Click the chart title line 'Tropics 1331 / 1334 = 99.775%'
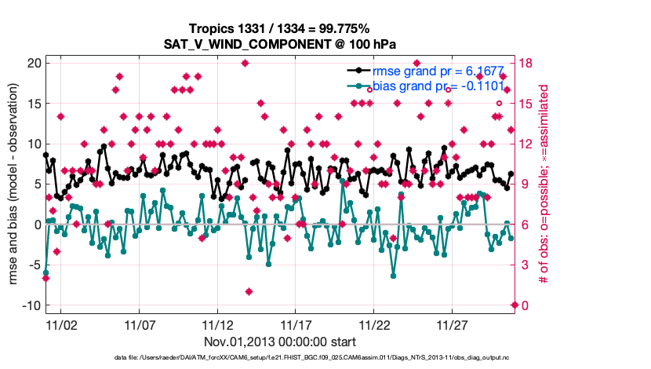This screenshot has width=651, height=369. click(281, 27)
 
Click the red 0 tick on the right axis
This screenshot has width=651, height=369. click(523, 305)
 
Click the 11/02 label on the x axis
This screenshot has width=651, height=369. click(61, 324)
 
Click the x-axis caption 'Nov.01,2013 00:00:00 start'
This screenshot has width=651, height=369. click(280, 342)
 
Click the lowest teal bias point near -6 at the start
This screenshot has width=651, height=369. click(45, 272)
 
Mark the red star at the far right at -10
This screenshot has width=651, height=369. click(515, 305)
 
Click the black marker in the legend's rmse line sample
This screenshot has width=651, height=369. click(358, 71)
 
